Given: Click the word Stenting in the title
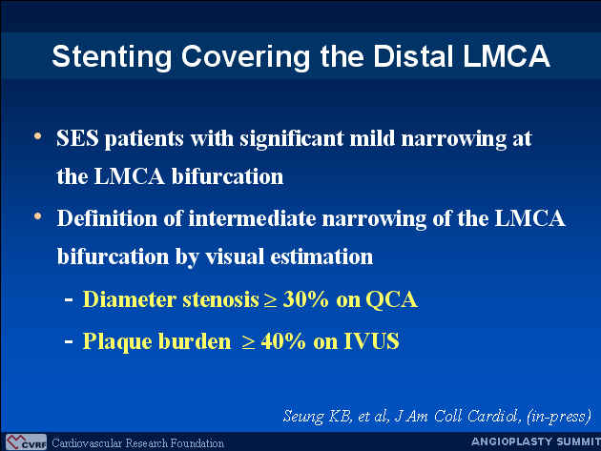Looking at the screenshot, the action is (x=112, y=57).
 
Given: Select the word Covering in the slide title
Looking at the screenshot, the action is (x=245, y=57).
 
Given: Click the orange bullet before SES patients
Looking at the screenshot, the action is (x=37, y=136).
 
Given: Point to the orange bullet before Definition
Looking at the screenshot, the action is (x=37, y=216).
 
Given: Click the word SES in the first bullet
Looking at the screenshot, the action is (x=77, y=138).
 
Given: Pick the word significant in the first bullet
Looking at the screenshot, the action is (x=291, y=139).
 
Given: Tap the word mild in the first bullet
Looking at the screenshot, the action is (x=372, y=138).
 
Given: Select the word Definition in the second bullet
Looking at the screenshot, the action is (x=107, y=218).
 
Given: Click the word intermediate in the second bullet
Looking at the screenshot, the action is (x=252, y=218).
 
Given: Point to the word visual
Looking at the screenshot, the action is (x=235, y=256).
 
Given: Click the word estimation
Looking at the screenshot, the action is (x=321, y=256).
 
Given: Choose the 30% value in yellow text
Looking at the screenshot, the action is (x=305, y=299).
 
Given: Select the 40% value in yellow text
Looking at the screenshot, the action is (x=283, y=341).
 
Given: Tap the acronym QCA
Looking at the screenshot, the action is (x=391, y=299).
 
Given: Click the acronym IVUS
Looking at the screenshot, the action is (x=372, y=341).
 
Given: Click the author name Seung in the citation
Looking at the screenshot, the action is (x=303, y=417).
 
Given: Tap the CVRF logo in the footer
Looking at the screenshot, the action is (x=26, y=441).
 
